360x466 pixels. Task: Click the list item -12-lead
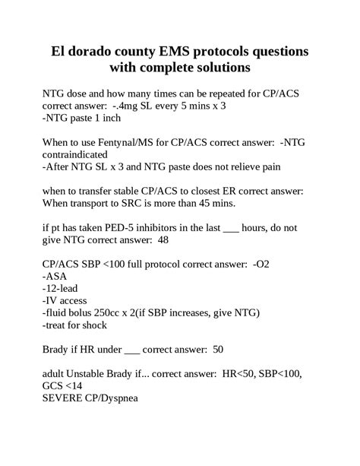pyautogui.click(x=64, y=289)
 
